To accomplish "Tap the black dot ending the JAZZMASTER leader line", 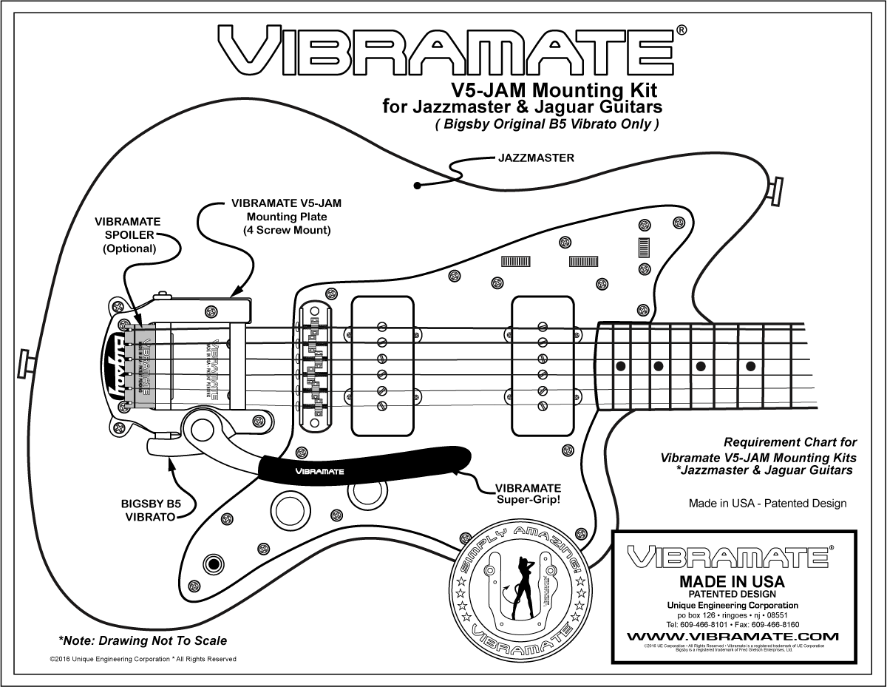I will click(418, 186).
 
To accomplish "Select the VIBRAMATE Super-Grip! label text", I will click(528, 494).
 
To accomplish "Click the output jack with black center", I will click(214, 564).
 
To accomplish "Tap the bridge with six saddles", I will click(316, 364).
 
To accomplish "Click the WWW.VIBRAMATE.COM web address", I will click(732, 636).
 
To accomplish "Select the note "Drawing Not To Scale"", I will click(143, 640).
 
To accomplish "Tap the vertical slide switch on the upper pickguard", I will click(644, 247).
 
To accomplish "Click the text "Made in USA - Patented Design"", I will click(767, 504).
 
